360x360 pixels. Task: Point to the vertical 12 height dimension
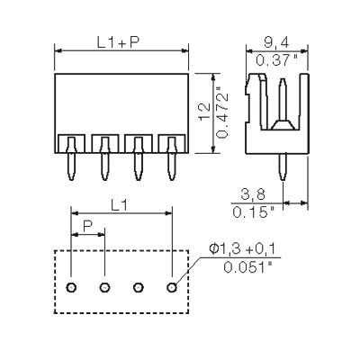pos(205,112)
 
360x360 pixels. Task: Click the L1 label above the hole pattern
pos(120,206)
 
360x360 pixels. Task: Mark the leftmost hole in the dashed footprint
pos(71,287)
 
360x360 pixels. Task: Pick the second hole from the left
pos(104,287)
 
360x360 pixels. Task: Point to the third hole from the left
pos(139,287)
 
